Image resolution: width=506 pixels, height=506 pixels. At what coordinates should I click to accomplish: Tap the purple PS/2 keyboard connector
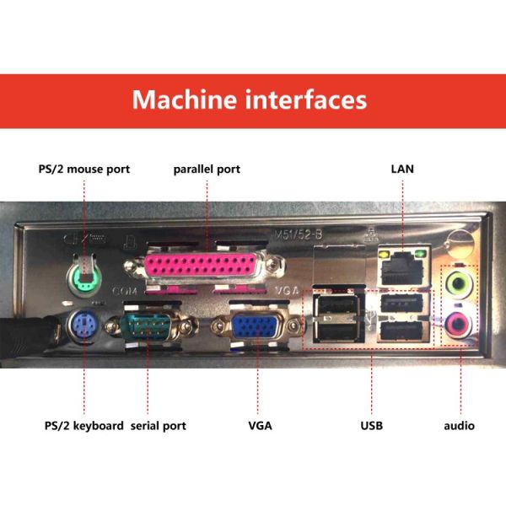coord(82,325)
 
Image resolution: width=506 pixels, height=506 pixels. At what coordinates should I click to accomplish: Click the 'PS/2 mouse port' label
coord(84,169)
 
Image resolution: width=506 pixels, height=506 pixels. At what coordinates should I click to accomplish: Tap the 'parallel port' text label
coord(207,169)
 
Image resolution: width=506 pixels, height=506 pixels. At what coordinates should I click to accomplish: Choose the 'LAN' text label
coord(402,169)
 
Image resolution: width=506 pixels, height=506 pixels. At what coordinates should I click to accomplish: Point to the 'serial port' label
coord(159,425)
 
